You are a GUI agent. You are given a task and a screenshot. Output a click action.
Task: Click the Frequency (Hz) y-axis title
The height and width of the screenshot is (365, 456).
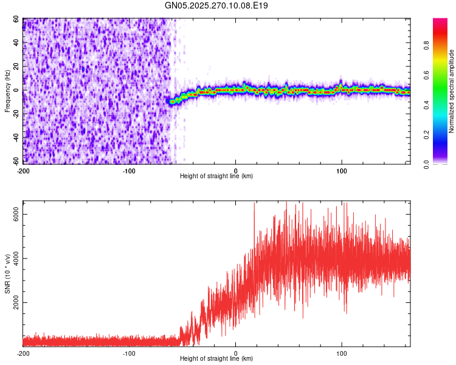[x=8, y=91]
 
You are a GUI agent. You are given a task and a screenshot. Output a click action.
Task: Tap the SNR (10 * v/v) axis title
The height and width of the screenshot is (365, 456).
[x=8, y=274]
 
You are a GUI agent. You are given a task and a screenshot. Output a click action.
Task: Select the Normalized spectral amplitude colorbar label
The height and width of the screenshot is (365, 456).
[x=452, y=91]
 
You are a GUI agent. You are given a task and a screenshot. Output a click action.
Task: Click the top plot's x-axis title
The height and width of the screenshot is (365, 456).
[x=216, y=176]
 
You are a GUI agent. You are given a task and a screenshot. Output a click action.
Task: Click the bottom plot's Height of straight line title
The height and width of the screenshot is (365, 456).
[x=216, y=358]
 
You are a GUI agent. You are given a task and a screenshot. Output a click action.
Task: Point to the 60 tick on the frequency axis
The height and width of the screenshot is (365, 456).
[x=16, y=19]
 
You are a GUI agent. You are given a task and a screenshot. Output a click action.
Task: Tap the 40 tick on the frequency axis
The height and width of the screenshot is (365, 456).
[x=16, y=43]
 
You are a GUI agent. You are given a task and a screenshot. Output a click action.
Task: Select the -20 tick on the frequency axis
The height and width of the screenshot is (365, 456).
[x=16, y=114]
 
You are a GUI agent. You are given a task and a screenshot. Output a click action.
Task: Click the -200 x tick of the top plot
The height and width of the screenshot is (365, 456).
[x=23, y=170]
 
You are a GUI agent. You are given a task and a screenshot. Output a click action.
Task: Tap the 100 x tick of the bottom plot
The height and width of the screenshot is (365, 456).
[x=342, y=353]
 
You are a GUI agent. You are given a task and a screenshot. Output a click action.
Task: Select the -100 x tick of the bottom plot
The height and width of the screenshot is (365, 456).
[x=129, y=353]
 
